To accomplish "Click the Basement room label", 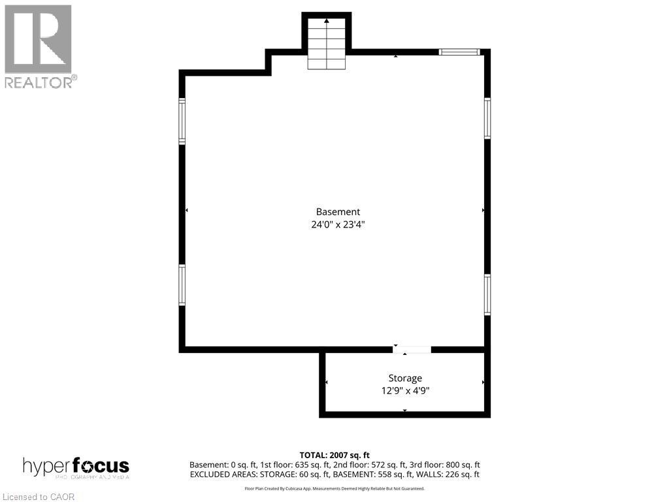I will tap(338, 212).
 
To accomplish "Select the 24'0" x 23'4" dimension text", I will tap(338, 224).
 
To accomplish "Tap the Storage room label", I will tap(405, 378).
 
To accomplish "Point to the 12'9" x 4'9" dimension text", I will tap(405, 391).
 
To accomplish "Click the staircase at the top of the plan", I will tap(327, 43).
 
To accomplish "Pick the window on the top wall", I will tap(459, 52).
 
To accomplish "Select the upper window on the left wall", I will tap(182, 121).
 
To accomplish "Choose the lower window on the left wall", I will tap(182, 285).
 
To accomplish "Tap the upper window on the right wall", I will tap(487, 118).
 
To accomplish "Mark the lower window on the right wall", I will tap(487, 295).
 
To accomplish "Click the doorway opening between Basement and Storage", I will tap(412, 350).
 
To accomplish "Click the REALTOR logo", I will tap(39, 46).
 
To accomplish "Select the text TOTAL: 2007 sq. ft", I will tap(334, 455).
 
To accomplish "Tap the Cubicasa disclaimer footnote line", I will tap(334, 488).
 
